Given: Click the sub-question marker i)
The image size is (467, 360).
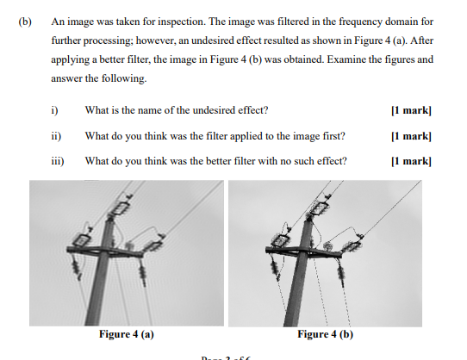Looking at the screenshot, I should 54,110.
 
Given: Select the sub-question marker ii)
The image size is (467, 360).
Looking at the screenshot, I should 55,135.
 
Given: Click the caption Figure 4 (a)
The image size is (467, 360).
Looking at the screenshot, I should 127,334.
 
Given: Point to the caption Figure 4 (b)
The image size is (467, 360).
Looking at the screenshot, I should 325,334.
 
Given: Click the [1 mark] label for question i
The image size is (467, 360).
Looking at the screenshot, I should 410,110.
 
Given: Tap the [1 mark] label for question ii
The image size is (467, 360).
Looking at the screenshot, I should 410,135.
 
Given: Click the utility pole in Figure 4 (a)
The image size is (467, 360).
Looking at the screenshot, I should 109,276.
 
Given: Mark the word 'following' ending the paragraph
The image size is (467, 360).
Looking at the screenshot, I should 126,79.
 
